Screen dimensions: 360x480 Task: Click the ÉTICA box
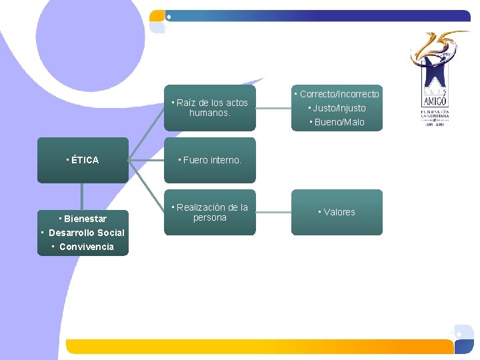coord(83,160)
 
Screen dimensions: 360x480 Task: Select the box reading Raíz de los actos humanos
coord(210,108)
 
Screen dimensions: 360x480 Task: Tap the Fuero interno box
coord(210,160)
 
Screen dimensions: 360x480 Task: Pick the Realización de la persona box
coord(210,213)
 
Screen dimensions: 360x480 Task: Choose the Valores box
coord(337,212)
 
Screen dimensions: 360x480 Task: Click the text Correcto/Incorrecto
coord(339,94)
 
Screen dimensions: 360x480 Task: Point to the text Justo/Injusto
coord(339,108)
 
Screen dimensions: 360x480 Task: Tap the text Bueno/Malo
coord(339,122)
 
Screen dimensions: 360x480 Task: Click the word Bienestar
coord(85,219)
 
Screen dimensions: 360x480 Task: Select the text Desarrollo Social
coord(86,233)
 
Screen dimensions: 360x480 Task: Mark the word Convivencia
coord(86,247)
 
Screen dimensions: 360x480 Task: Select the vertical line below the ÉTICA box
coord(82,196)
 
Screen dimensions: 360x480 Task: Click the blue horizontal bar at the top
coord(320,15)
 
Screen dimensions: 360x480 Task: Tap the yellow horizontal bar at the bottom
coord(260,346)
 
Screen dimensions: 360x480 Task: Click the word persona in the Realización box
coord(210,218)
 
